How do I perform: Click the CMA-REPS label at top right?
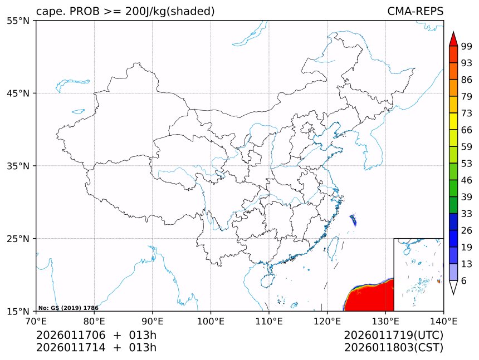(415, 12)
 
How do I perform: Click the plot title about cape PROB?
(125, 12)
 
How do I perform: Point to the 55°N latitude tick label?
(20, 21)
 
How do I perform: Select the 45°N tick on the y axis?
(20, 93)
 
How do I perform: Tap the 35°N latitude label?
(20, 166)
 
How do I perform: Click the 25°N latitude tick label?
(20, 239)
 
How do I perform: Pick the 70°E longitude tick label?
(36, 321)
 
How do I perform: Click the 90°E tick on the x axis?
(153, 321)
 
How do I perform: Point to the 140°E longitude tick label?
(443, 321)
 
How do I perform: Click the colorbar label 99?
(467, 46)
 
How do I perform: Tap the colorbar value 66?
(467, 130)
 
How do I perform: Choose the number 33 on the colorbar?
(467, 214)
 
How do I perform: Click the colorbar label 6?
(464, 281)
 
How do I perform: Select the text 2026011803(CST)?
(393, 348)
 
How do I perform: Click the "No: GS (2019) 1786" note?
(68, 308)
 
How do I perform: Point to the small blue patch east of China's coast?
(353, 220)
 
